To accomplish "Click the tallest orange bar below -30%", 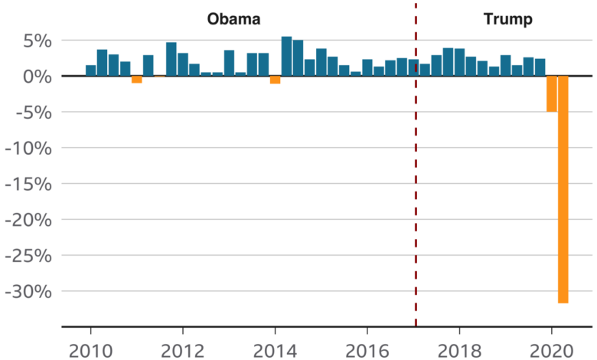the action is tap(563, 189).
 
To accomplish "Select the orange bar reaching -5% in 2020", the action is tap(552, 93).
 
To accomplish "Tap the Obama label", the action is tap(233, 19).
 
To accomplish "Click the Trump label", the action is tap(508, 19).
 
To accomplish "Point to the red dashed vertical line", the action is tap(416, 164).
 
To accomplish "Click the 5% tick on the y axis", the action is tap(38, 41).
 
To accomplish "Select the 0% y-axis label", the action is tap(38, 77).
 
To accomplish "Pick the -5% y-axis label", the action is tap(34, 113).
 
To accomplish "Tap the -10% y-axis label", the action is tap(28, 148).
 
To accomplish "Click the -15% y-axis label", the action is tap(28, 184).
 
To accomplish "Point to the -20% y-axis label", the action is tap(28, 220).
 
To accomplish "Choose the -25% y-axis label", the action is tap(28, 256).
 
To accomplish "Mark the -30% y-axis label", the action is tap(28, 292).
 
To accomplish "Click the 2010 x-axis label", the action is tap(90, 351).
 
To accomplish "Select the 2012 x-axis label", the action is tap(183, 351).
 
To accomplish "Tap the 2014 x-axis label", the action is tap(275, 351).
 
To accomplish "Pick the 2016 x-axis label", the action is tap(367, 351).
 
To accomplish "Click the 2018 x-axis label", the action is tap(459, 351).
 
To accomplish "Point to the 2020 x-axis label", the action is tap(552, 351).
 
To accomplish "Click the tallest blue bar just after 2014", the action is tap(287, 57).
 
